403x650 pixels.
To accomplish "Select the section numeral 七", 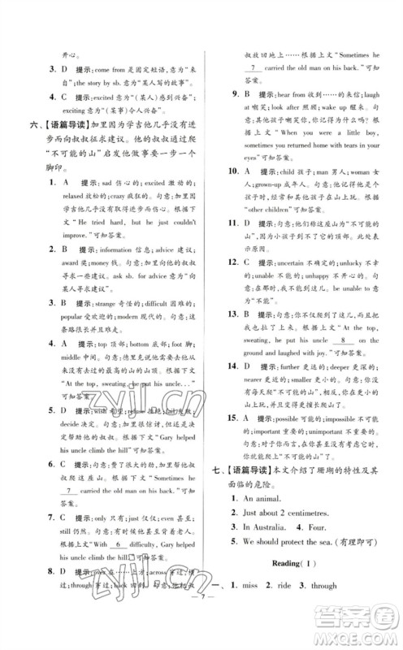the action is click(214, 467).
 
